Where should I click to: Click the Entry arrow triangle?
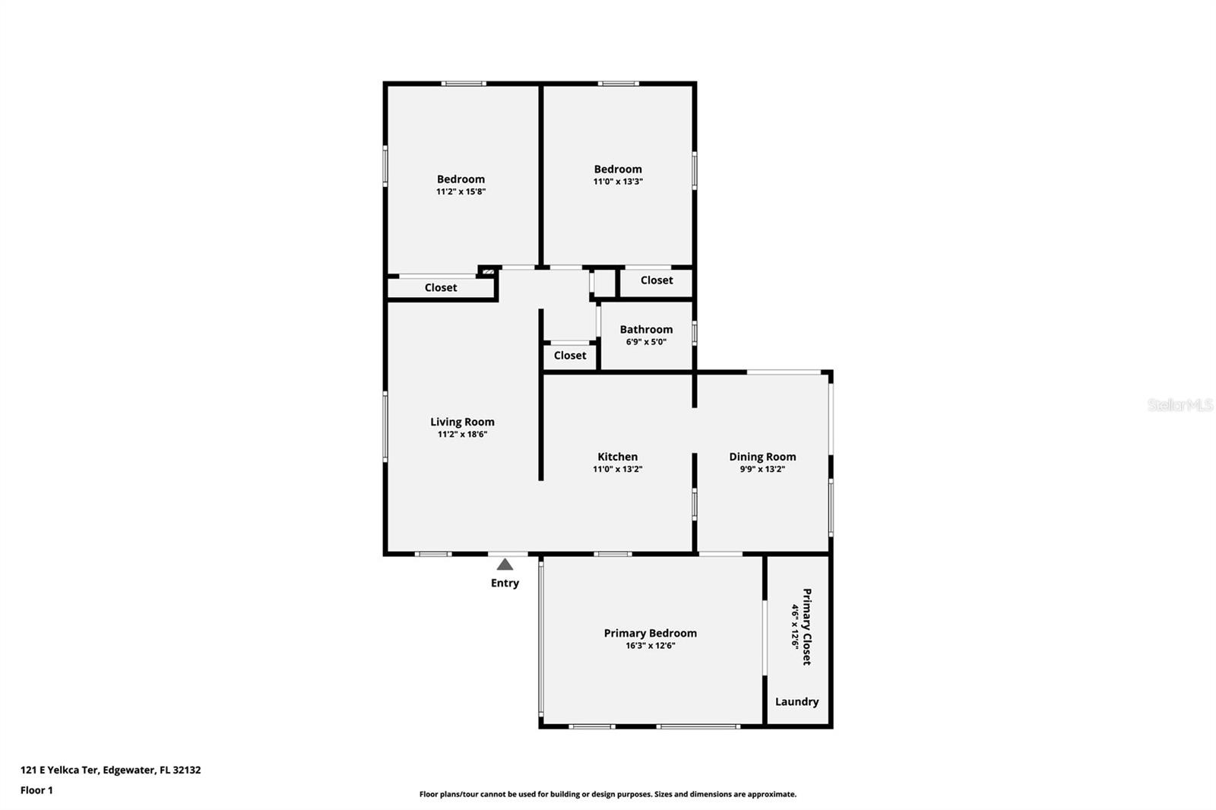505,565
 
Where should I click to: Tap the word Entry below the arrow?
505,583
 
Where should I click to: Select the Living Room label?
462,422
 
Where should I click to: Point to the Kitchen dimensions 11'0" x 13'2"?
617,470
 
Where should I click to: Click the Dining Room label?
762,457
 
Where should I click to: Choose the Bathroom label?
646,329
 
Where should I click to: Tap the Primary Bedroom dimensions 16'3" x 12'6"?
650,646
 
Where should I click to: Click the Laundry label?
796,701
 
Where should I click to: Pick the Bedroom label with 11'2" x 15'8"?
461,179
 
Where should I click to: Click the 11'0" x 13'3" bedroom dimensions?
618,182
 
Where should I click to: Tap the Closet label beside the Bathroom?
570,355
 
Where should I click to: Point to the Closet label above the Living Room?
441,287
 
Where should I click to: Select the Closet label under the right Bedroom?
657,280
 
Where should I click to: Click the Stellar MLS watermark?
1180,405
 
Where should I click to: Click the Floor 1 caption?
36,790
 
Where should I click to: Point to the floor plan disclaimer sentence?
607,794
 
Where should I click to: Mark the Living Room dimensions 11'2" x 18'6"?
462,435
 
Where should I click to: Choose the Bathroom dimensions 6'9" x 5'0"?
646,342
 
